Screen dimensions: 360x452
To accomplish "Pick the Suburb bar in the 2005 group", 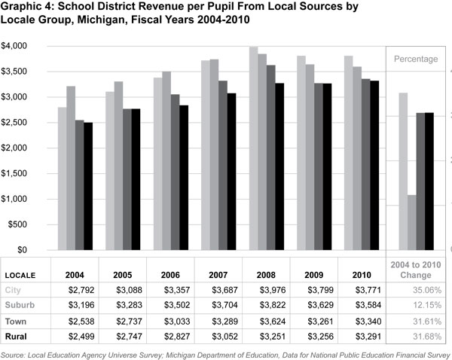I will click(118, 166).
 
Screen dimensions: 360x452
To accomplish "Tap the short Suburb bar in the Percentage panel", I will click(411, 222).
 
